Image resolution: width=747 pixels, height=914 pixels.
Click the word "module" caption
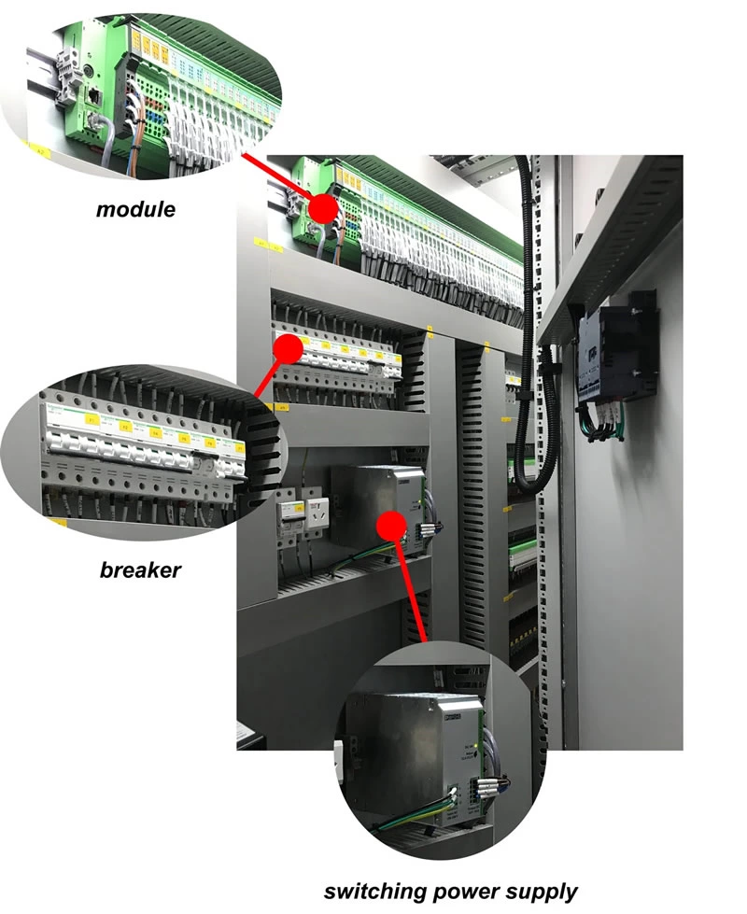tap(135, 209)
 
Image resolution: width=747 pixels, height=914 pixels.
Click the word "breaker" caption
tap(140, 569)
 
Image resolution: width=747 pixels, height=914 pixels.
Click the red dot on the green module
tap(323, 207)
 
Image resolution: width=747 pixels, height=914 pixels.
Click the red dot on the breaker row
tap(289, 349)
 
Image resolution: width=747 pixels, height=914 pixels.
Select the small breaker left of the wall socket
tap(289, 519)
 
